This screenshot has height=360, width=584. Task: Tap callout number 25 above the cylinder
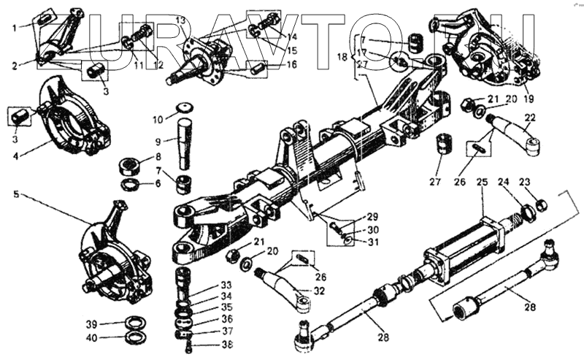(481, 183)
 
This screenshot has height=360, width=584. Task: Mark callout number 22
(530, 117)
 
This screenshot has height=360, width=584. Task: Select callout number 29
(372, 217)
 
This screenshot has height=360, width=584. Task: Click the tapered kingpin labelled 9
(182, 146)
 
